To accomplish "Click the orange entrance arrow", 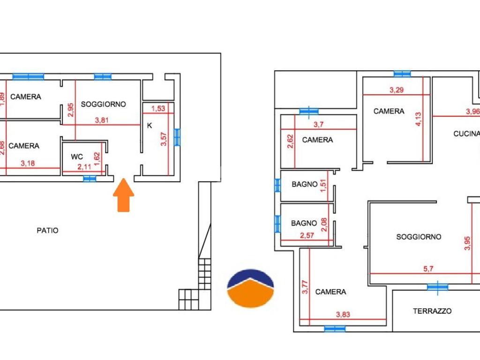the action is [x=123, y=195].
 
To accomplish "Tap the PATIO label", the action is [x=47, y=231].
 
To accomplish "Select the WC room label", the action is [x=77, y=157].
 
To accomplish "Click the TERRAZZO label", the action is [x=432, y=311].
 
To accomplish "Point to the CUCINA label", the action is [x=466, y=134].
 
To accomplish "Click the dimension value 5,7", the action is [x=428, y=269].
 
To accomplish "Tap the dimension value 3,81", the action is [x=102, y=120].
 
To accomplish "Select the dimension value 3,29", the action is [x=397, y=90].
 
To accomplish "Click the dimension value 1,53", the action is [x=158, y=108].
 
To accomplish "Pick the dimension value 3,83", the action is [x=343, y=315].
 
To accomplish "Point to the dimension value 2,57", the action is [x=307, y=235].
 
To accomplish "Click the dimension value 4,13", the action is [x=418, y=119].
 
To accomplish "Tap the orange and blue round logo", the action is [x=250, y=288].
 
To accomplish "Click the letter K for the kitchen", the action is [x=150, y=126].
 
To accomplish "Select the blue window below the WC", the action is [x=90, y=179].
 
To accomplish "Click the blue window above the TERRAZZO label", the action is [x=437, y=287].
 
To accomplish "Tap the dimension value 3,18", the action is [x=28, y=164].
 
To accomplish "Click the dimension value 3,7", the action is [x=318, y=125].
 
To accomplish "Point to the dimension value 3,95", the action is [x=467, y=243].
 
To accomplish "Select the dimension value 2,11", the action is [x=84, y=167].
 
